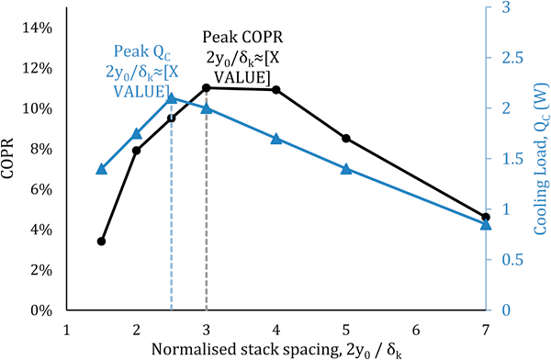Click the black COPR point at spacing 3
[x=207, y=87]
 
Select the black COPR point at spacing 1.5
[x=101, y=242]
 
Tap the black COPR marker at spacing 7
[x=486, y=217]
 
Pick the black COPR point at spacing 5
[x=345, y=139]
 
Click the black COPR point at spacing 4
[x=275, y=90]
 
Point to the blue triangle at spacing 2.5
[x=171, y=98]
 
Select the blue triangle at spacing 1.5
[x=101, y=169]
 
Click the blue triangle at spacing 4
[x=275, y=139]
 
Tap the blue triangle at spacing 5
[x=345, y=169]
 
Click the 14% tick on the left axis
[x=40, y=28]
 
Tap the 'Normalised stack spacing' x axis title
[x=275, y=350]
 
